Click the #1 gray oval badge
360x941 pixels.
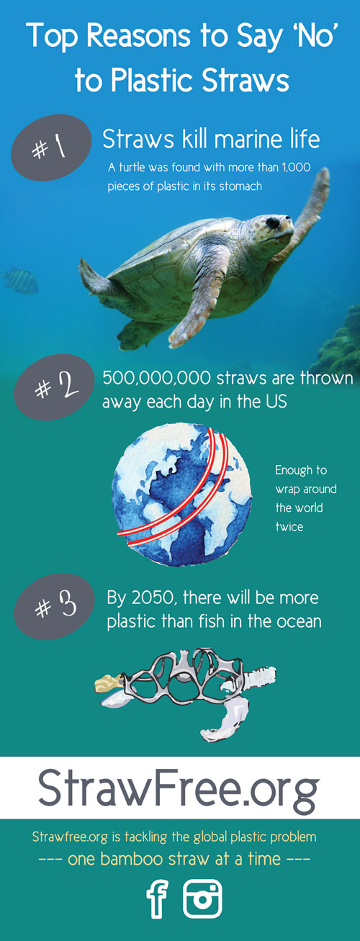pyautogui.click(x=51, y=148)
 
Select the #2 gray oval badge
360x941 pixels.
pyautogui.click(x=55, y=387)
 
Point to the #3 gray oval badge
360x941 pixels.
pyautogui.click(x=55, y=607)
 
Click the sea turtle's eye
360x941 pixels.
pyautogui.click(x=273, y=222)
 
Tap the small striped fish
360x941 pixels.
pyautogui.click(x=21, y=280)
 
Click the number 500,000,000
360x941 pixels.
pyautogui.click(x=156, y=379)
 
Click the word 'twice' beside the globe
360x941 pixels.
pyautogui.click(x=289, y=527)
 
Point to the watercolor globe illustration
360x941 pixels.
pyautogui.click(x=182, y=495)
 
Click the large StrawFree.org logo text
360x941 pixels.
pyautogui.click(x=179, y=788)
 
